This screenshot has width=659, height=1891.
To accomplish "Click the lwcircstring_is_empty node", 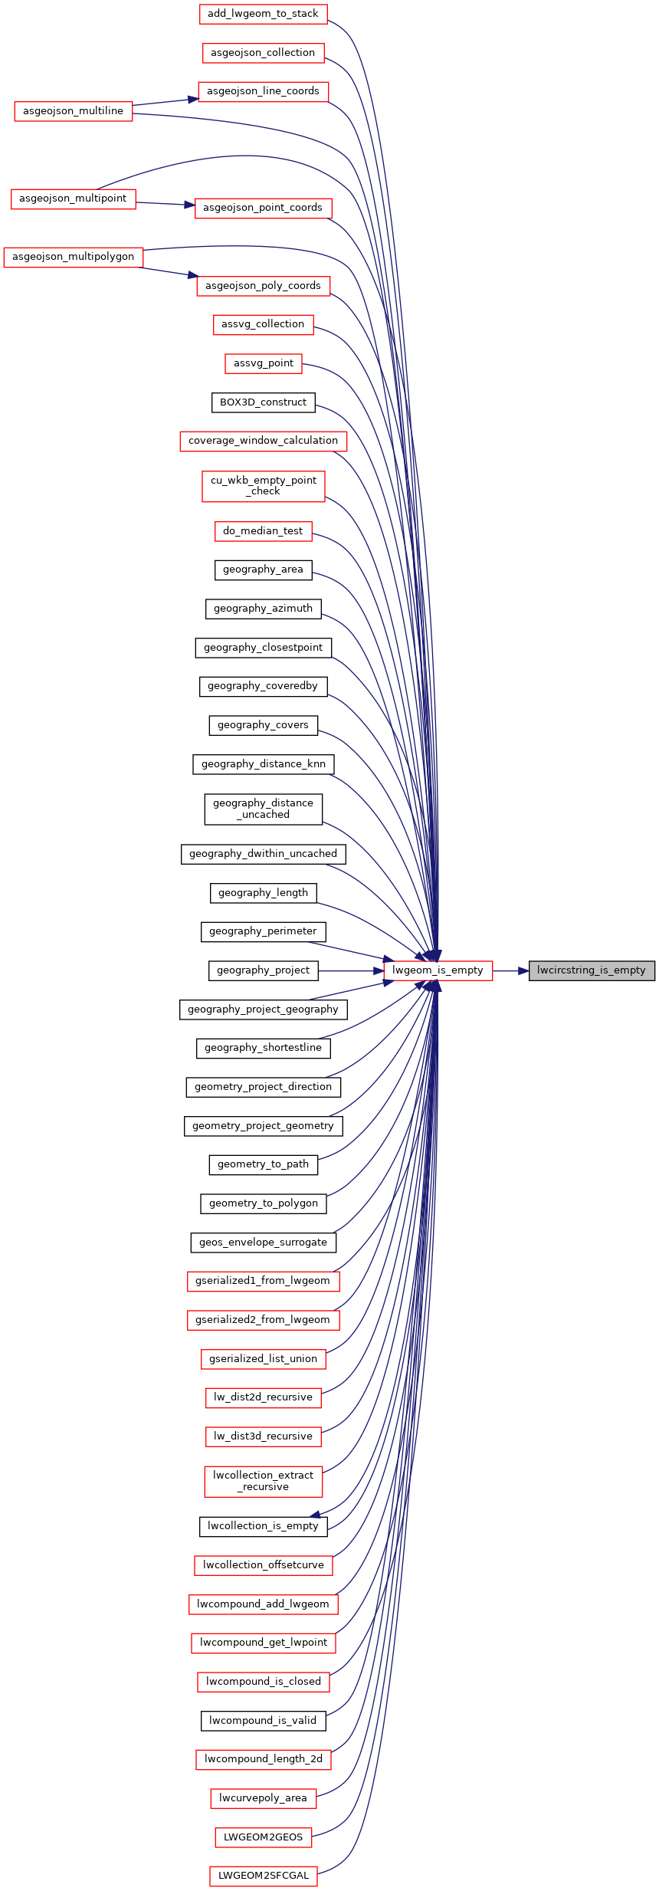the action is click(592, 970).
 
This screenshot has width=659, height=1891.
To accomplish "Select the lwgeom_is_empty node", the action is click(438, 970).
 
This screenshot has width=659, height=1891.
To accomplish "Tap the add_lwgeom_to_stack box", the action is click(263, 14).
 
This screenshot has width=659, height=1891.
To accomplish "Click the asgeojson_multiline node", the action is click(74, 111).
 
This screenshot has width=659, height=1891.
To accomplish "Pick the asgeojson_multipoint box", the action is click(74, 199).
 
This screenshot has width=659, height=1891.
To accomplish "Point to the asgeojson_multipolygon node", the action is click(74, 257).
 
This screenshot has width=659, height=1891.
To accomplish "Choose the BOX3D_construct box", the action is click(263, 402).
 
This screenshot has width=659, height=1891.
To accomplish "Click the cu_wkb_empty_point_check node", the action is click(263, 486).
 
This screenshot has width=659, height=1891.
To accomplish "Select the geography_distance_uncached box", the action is click(263, 809).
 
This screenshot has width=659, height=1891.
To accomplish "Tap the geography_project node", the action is click(263, 970).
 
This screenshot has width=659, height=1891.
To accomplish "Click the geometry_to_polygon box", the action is click(263, 1203).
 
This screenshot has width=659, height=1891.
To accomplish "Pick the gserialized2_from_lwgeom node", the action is click(263, 1320).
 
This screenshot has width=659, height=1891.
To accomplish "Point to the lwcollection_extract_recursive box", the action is click(263, 1481).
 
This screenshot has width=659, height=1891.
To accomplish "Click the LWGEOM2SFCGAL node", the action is click(263, 1876).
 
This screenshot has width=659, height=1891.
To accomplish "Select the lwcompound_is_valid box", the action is click(263, 1721).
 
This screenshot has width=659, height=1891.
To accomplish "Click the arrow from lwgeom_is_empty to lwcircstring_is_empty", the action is click(510, 970).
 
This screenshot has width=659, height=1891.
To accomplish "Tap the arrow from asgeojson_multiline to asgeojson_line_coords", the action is click(166, 102).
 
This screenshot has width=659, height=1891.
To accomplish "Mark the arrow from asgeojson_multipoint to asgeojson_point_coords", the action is click(166, 203).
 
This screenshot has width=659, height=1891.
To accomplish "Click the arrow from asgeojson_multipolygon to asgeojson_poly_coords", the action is click(170, 272).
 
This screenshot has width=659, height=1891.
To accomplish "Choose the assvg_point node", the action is click(263, 363).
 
